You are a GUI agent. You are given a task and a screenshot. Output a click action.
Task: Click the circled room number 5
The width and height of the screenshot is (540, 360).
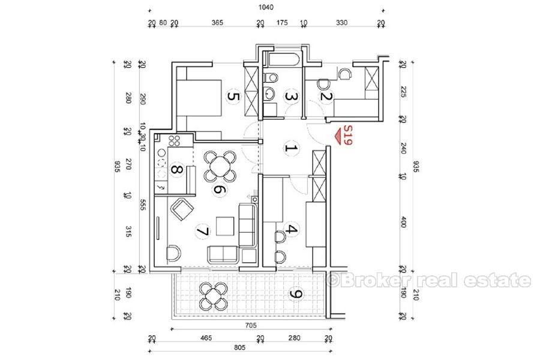click(x=233, y=96)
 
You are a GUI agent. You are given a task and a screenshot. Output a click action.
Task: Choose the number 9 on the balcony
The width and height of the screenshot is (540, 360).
click(x=295, y=294)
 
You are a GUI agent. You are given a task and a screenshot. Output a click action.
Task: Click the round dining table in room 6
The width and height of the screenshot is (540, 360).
click(x=219, y=165)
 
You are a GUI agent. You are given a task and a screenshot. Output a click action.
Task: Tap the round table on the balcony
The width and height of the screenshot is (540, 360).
click(x=213, y=295)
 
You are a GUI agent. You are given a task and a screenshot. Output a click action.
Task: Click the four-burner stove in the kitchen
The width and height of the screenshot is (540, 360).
click(x=176, y=142)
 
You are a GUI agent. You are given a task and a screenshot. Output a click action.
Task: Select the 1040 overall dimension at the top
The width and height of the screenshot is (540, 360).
click(x=266, y=8)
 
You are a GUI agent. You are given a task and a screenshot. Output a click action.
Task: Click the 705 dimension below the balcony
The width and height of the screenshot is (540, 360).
click(x=251, y=326)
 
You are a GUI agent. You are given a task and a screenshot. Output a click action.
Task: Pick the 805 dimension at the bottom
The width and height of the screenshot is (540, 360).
click(x=239, y=347)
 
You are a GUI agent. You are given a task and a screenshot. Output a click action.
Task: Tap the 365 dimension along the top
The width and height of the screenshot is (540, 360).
click(x=217, y=23)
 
